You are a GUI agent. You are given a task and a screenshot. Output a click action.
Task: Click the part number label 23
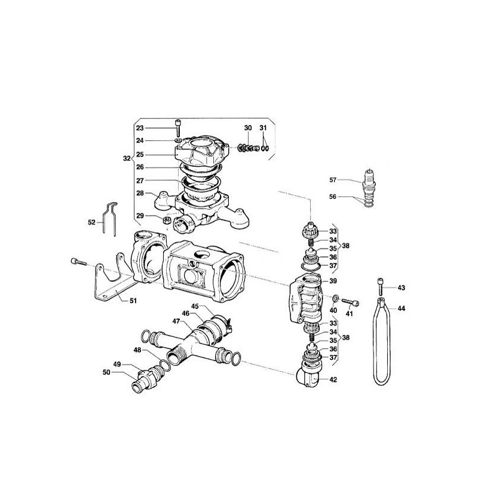(140, 128)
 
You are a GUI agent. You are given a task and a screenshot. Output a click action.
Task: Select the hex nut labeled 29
(167, 220)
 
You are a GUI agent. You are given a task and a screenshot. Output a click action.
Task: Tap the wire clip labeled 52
(109, 219)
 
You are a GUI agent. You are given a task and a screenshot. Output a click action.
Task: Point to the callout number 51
(133, 301)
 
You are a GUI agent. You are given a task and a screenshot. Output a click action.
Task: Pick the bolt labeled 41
(350, 302)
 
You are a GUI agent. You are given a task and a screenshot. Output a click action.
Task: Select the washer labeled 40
(335, 298)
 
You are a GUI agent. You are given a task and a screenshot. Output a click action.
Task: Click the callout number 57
(333, 180)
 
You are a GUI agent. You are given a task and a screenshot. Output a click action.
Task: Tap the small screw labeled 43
(381, 286)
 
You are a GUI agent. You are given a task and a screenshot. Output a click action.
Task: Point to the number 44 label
(402, 308)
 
